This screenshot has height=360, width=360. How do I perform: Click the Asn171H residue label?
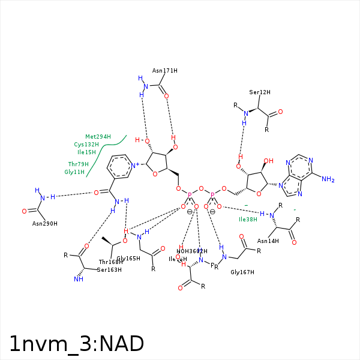point(164,70)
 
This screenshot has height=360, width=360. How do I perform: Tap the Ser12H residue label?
point(260,92)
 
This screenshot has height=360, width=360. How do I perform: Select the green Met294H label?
point(98,137)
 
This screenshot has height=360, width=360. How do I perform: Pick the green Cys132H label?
point(86,145)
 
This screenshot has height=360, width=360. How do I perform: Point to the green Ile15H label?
point(86,152)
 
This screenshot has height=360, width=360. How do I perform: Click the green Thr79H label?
point(78,164)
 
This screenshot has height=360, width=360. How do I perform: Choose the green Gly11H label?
point(74,172)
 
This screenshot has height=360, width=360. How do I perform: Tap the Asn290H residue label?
point(44,223)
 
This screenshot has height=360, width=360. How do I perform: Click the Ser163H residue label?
point(110,269)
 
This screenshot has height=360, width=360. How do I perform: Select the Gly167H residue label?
point(243,272)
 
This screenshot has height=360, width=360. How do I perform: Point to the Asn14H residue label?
point(268,241)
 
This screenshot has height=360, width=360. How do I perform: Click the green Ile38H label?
point(248,219)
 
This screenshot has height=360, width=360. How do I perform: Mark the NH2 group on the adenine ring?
point(328,179)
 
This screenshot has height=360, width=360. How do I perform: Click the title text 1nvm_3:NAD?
point(76,344)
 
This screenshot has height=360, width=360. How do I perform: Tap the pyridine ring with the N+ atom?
point(120,166)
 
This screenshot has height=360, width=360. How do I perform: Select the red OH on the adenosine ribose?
point(268,161)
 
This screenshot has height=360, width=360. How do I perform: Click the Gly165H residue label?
point(128,259)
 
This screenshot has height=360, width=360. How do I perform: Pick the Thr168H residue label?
point(110,262)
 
